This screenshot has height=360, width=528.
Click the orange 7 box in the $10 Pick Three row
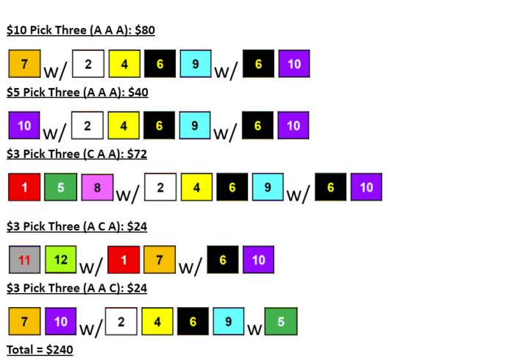coord(24,64)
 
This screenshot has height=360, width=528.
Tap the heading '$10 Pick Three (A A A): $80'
coord(80,31)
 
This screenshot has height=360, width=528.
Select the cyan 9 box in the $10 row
coord(195,64)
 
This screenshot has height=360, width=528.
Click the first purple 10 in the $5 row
coord(24,126)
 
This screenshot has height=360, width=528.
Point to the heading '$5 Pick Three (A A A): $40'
coord(77,93)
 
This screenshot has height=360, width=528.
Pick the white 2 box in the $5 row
coord(88,126)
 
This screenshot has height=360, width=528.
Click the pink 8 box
coord(96,187)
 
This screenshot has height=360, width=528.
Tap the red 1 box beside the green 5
coord(24,187)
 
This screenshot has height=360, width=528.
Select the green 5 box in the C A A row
coord(60,187)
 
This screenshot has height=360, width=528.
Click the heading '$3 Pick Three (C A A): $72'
coord(77,154)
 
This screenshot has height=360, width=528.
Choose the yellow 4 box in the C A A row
coord(196,187)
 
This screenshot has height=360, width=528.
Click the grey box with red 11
coord(24,259)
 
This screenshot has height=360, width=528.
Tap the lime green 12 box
coord(60,259)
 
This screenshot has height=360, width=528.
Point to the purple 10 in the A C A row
coord(258,259)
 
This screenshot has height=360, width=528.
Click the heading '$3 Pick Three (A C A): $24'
coord(77,226)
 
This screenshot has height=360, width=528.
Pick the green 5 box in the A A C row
coord(281,321)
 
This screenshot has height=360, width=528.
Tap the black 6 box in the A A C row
coord(193,321)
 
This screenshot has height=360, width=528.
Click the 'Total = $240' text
coord(40,350)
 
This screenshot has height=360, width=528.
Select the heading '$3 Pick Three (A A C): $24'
coord(77,288)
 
